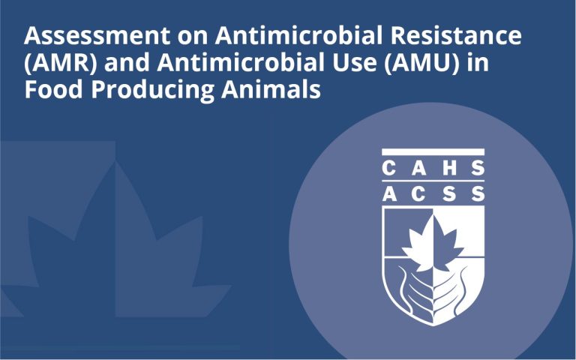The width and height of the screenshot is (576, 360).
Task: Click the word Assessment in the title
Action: [x=97, y=36]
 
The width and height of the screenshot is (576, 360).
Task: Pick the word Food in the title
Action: [x=53, y=89]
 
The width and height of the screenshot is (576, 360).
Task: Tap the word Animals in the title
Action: [x=271, y=89]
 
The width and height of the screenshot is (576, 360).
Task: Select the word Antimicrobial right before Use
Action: [x=241, y=63]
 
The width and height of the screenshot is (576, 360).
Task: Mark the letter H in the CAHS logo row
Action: [x=449, y=168]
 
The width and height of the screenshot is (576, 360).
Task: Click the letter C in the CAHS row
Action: [x=388, y=168]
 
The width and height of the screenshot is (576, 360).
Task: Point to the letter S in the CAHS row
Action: [x=478, y=168]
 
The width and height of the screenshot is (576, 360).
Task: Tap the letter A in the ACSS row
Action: [x=389, y=194]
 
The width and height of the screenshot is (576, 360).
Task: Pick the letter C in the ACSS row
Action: [x=418, y=194]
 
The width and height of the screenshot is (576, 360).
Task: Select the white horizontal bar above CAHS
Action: [x=433, y=152]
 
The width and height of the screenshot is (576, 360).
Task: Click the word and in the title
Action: [x=127, y=63]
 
